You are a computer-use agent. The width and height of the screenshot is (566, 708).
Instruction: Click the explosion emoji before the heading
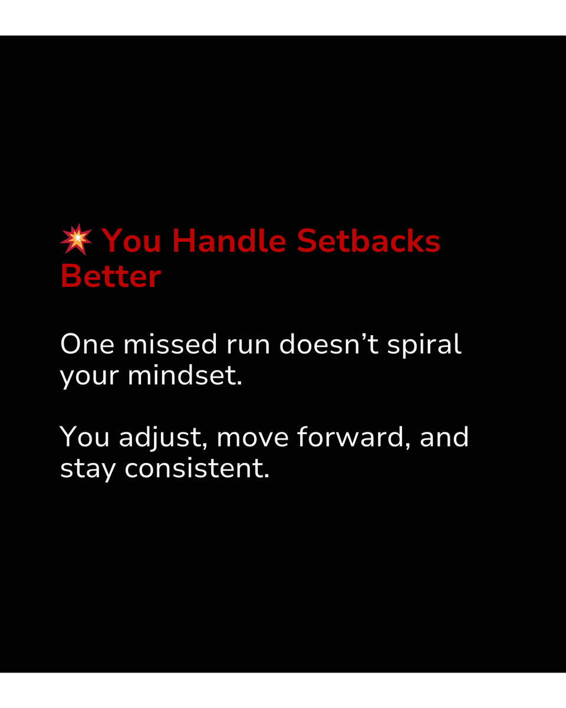pos(76,240)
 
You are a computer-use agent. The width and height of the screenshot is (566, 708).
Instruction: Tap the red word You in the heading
pos(131,241)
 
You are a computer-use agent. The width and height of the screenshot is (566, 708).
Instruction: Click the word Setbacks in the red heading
pos(368,241)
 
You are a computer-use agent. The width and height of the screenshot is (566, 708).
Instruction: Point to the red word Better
pos(110,276)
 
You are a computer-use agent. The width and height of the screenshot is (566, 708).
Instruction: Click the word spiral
pos(424,346)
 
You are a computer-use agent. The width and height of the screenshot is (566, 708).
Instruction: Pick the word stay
pos(88,470)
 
